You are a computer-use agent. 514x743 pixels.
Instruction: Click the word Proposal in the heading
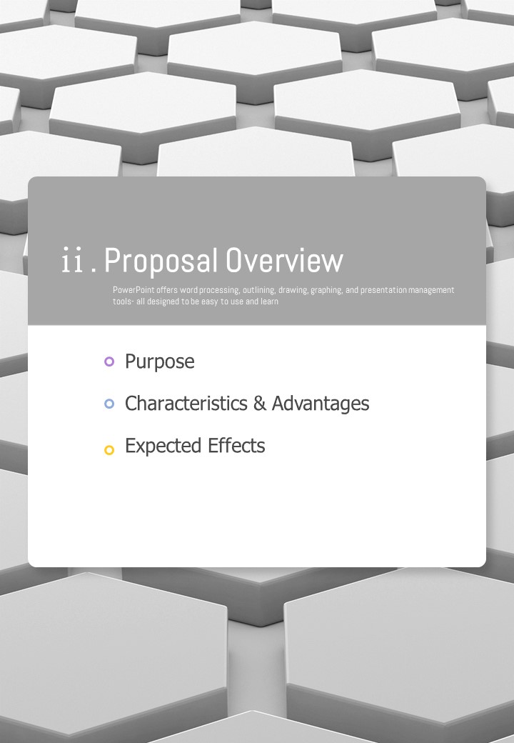pyautogui.click(x=161, y=261)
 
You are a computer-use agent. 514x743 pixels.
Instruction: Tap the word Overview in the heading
pyautogui.click(x=284, y=260)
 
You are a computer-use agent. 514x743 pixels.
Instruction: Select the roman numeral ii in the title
pyautogui.click(x=72, y=260)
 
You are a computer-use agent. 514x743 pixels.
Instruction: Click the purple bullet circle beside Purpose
pyautogui.click(x=109, y=361)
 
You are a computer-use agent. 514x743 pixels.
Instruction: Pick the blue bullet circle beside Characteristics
pyautogui.click(x=109, y=404)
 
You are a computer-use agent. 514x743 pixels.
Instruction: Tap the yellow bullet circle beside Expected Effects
pyautogui.click(x=109, y=449)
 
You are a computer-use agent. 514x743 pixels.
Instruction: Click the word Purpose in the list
pyautogui.click(x=159, y=362)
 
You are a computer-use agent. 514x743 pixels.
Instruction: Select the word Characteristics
pyautogui.click(x=186, y=403)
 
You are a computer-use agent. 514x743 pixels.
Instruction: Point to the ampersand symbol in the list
pyautogui.click(x=259, y=403)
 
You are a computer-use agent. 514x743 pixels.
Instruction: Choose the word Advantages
pyautogui.click(x=321, y=404)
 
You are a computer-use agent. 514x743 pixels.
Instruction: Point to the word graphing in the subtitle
pyautogui.click(x=326, y=290)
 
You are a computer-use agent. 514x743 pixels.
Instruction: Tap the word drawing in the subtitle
pyautogui.click(x=293, y=290)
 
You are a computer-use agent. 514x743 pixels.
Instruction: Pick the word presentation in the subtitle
pyautogui.click(x=383, y=290)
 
